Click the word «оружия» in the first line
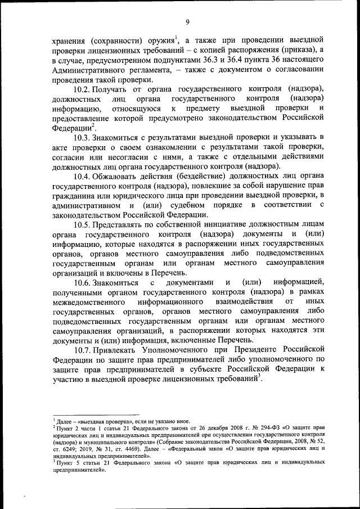click(x=159, y=40)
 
